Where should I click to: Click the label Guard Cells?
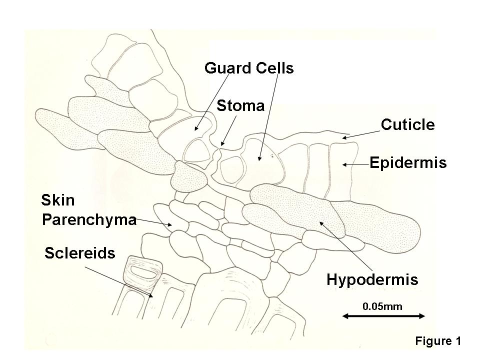coord(249,68)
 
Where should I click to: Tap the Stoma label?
coord(240,106)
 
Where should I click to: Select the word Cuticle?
coord(407,124)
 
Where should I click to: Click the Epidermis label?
coord(408,162)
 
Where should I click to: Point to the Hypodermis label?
coord(372,279)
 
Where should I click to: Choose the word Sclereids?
coord(80,252)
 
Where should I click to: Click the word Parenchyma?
coord(89,219)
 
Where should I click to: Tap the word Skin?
coord(58,201)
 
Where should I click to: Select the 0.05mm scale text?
coord(382,305)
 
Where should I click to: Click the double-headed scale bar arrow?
coord(384,315)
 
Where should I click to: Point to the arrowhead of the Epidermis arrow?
coord(343,163)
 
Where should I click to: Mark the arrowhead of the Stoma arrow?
coord(221,144)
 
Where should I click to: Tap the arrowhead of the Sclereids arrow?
coord(153,297)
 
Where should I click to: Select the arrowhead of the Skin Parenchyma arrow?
coord(172,225)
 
